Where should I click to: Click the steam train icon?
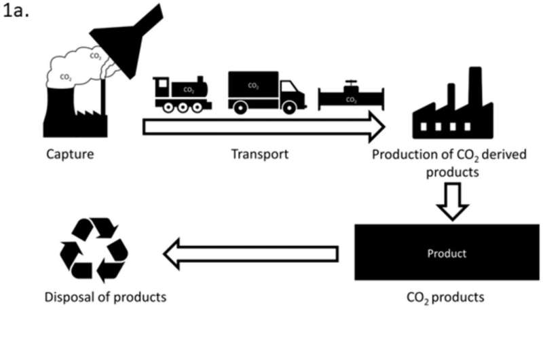pyautogui.click(x=182, y=93)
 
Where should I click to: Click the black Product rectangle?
pyautogui.click(x=447, y=253)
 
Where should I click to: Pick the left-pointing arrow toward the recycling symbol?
pyautogui.click(x=250, y=254)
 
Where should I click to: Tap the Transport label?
pyautogui.click(x=259, y=154)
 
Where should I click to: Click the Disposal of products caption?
pyautogui.click(x=105, y=297)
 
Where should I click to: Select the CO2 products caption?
pyautogui.click(x=446, y=297)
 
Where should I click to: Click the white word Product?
pyautogui.click(x=447, y=253)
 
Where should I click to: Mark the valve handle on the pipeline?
pyautogui.click(x=350, y=84)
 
